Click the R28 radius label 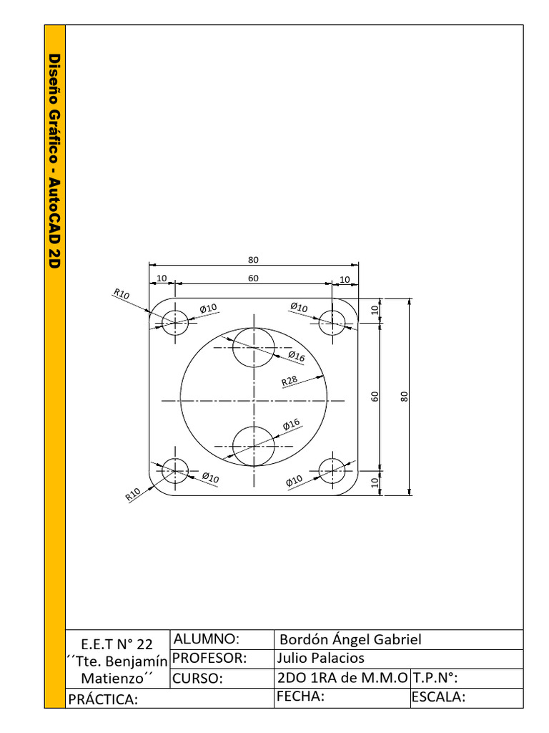[x=290, y=381]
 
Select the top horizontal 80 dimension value [x=253, y=259]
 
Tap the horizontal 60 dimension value [x=253, y=278]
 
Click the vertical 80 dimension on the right [x=404, y=396]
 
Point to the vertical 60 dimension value [x=374, y=396]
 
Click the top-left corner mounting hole [x=174, y=322]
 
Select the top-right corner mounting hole [x=332, y=322]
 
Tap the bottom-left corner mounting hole [x=174, y=470]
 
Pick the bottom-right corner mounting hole [x=332, y=470]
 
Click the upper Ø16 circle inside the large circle [x=253, y=347]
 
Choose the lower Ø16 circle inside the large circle [x=253, y=446]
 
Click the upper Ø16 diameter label [x=297, y=356]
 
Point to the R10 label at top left [x=122, y=293]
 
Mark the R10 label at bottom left [x=133, y=495]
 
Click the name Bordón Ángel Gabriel [x=350, y=639]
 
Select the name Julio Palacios [x=320, y=658]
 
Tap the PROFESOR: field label [x=209, y=658]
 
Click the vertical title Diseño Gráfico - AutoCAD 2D [x=55, y=160]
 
